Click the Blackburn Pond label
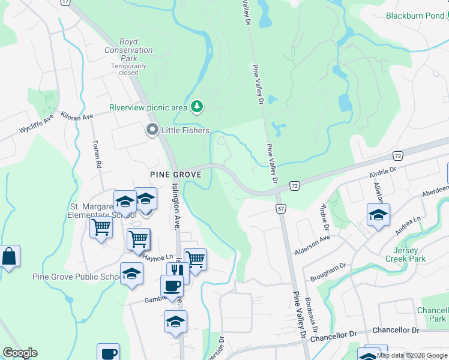pos(415,16)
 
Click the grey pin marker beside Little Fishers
pos(152,130)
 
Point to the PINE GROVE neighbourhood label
pos(174,174)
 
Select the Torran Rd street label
pos(96,153)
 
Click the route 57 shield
pos(281,208)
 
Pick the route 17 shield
pos(65,2)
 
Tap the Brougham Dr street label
pos(328,272)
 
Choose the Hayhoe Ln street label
pos(158,257)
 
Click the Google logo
pos(20,353)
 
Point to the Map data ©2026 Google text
pos(412,355)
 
